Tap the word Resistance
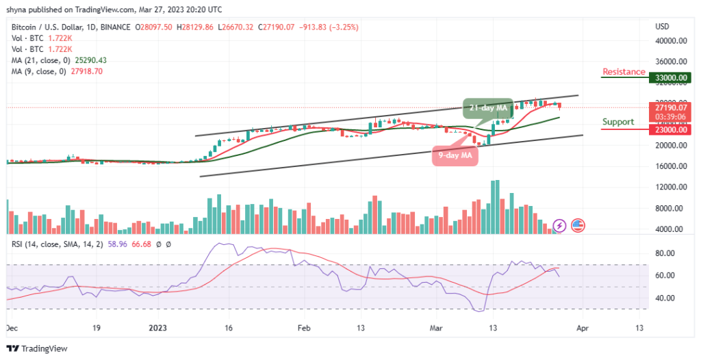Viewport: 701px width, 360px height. tap(624, 72)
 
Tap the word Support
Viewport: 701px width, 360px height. tap(617, 122)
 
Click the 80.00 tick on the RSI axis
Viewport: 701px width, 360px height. tap(664, 253)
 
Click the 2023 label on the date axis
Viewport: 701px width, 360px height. tap(157, 327)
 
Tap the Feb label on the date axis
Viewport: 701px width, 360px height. tap(302, 327)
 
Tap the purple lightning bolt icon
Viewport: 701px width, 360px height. tap(559, 225)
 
